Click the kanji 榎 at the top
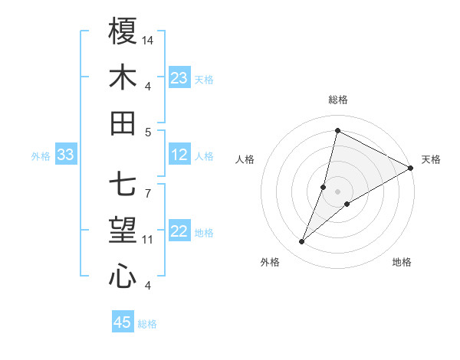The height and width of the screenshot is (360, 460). pyautogui.click(x=123, y=31)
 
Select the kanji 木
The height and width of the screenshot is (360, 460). pyautogui.click(x=123, y=77)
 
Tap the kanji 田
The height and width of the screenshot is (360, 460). pyautogui.click(x=123, y=123)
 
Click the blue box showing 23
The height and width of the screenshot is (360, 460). pyautogui.click(x=179, y=78)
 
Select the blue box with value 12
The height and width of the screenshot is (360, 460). pyautogui.click(x=179, y=155)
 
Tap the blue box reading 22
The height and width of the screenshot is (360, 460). pyautogui.click(x=179, y=232)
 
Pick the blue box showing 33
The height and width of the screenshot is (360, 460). pyautogui.click(x=65, y=155)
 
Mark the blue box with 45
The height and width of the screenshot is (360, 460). pyautogui.click(x=123, y=322)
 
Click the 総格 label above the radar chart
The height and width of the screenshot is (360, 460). pyautogui.click(x=337, y=100)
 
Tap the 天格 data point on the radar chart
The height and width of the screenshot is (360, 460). pyautogui.click(x=411, y=169)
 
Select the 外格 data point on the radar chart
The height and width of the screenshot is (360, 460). pyautogui.click(x=302, y=242)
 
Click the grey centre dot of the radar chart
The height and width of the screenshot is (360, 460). pyautogui.click(x=337, y=191)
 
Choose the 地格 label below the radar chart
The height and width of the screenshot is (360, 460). pyautogui.click(x=402, y=262)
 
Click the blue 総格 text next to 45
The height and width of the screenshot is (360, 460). pyautogui.click(x=147, y=324)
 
